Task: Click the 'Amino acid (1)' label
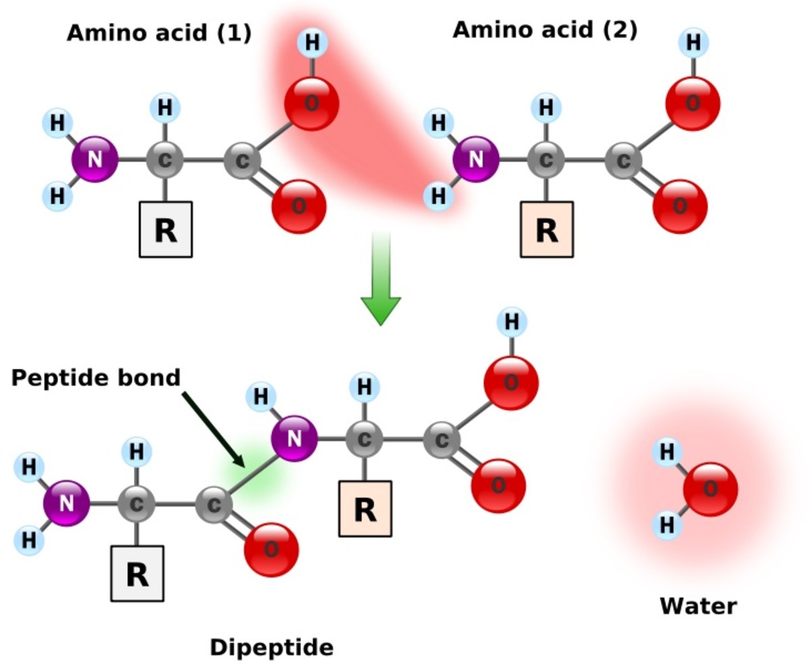coord(159,33)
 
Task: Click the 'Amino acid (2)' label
coord(545,30)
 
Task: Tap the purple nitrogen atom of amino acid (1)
coord(95,159)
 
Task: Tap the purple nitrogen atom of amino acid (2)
coord(476,159)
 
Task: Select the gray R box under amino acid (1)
coord(166,230)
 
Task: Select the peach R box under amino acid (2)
coord(547,230)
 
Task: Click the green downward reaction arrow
coord(380,284)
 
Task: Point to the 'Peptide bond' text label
coord(96,378)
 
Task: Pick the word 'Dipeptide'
coord(272,648)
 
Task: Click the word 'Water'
coord(698,606)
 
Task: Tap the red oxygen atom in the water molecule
coord(710,489)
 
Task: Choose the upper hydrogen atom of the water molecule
coord(667,453)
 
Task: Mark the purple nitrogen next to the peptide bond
coord(294,438)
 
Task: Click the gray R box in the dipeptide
coord(137,573)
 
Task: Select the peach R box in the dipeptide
coord(365,509)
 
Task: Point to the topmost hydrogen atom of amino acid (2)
coord(693,43)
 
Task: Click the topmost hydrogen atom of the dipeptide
coord(512,322)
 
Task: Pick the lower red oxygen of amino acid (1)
coord(299,207)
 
